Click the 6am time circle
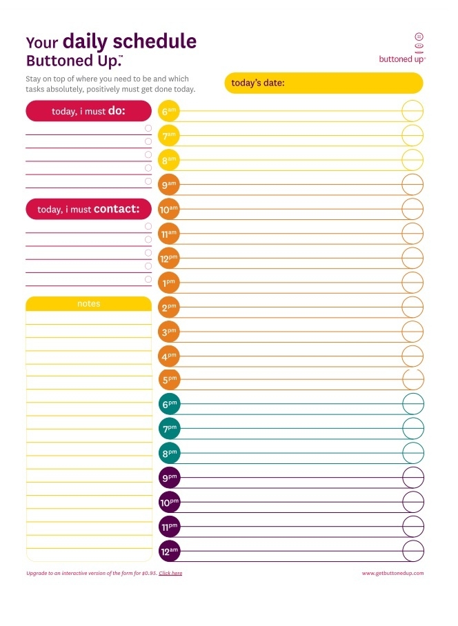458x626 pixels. pyautogui.click(x=169, y=111)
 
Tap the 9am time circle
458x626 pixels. pyautogui.click(x=169, y=185)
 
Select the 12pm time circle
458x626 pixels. pyautogui.click(x=169, y=259)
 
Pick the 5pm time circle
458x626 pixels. pyautogui.click(x=169, y=379)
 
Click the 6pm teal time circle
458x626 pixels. pyautogui.click(x=169, y=404)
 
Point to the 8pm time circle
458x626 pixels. pyautogui.click(x=169, y=453)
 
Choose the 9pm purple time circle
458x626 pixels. pyautogui.click(x=169, y=478)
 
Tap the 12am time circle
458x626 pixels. pyautogui.click(x=169, y=552)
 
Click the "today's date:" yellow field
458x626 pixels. pyautogui.click(x=323, y=83)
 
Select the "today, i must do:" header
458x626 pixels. pyautogui.click(x=88, y=111)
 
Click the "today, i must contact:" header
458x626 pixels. pyautogui.click(x=88, y=209)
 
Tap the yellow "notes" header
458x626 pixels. pyautogui.click(x=88, y=303)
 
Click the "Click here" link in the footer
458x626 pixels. pyautogui.click(x=170, y=574)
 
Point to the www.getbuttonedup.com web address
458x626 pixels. pyautogui.click(x=392, y=574)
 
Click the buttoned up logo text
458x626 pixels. pyautogui.click(x=402, y=59)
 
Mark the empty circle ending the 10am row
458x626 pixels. pyautogui.click(x=412, y=209)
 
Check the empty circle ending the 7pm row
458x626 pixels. pyautogui.click(x=412, y=428)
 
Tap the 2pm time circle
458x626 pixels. pyautogui.click(x=169, y=307)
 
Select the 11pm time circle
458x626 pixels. pyautogui.click(x=169, y=527)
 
